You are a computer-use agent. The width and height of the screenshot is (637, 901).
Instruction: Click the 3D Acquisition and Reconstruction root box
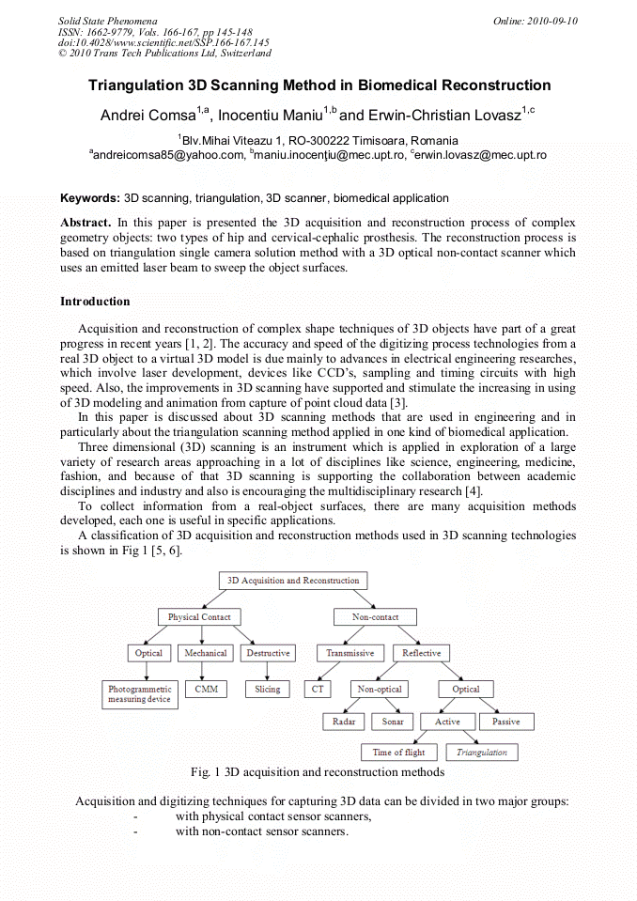tap(293, 581)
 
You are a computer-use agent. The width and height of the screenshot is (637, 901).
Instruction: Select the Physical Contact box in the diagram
tap(198, 617)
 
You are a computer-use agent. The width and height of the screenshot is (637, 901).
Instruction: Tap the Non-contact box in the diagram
tap(375, 617)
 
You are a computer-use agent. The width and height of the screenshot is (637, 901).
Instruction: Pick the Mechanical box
tap(206, 653)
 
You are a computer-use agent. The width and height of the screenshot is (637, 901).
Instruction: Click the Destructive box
tap(268, 653)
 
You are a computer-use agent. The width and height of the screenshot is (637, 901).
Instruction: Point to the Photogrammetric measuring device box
tap(139, 694)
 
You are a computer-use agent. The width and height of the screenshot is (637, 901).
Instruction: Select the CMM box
tap(206, 689)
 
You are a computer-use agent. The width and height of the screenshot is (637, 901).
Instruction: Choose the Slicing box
tap(268, 689)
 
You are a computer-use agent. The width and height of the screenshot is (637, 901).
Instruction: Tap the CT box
tap(318, 689)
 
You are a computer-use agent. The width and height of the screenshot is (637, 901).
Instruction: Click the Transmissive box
tap(350, 653)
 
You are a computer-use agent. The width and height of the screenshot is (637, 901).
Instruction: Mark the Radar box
tap(343, 722)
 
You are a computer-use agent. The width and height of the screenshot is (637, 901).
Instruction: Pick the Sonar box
tap(393, 722)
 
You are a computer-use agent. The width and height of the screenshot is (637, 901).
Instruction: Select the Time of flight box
tap(398, 753)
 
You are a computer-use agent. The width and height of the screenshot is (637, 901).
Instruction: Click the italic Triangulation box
tap(481, 753)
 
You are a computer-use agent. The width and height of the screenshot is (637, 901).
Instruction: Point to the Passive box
tap(506, 722)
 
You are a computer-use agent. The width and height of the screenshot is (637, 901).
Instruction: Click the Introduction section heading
tap(95, 302)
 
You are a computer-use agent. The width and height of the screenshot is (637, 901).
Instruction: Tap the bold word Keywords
tap(89, 198)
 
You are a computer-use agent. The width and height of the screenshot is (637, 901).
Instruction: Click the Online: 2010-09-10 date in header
tap(536, 21)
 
